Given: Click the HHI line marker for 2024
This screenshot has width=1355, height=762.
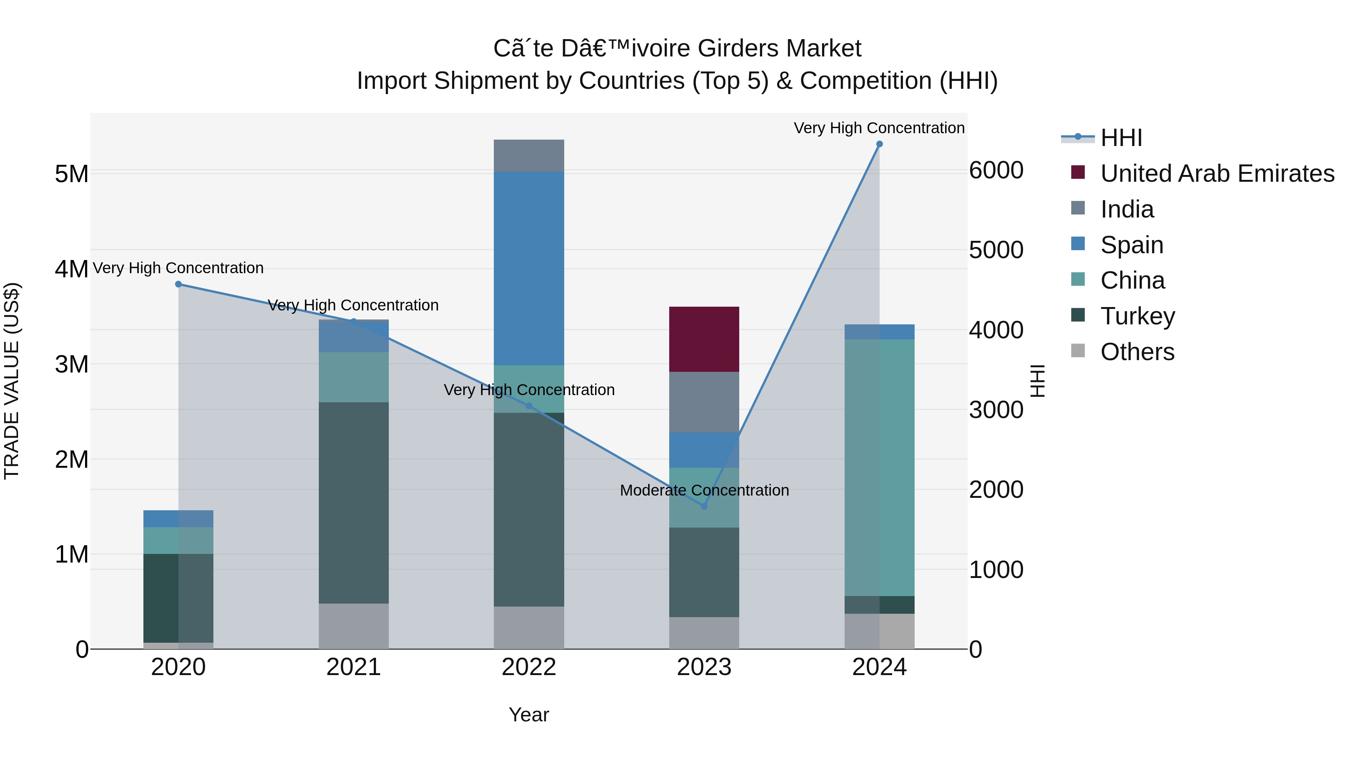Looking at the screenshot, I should [x=879, y=144].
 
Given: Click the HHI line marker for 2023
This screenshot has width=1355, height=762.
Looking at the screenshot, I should [x=704, y=506].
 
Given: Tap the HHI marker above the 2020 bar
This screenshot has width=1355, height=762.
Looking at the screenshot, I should [x=178, y=284].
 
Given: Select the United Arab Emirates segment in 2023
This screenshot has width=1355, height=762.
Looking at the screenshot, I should [x=704, y=339].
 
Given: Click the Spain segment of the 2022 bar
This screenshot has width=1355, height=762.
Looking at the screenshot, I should [x=529, y=268].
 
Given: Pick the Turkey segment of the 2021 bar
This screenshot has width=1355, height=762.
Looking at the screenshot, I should [x=353, y=502].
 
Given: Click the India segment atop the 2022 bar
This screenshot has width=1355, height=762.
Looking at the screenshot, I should [x=529, y=156].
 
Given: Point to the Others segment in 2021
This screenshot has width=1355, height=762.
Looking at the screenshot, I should [x=353, y=626].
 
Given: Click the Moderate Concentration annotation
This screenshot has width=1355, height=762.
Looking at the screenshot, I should [x=704, y=490].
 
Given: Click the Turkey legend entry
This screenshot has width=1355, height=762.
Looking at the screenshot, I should [x=1137, y=316].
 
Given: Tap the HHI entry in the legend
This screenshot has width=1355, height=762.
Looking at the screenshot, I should [x=1121, y=138].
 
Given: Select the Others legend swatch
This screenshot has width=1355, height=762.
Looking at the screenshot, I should [x=1078, y=351].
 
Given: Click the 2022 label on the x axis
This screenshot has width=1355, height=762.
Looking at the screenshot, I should [x=529, y=667].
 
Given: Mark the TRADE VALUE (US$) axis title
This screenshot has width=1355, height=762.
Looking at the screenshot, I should [x=12, y=381].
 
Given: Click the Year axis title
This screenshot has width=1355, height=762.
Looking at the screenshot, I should [x=529, y=715].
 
